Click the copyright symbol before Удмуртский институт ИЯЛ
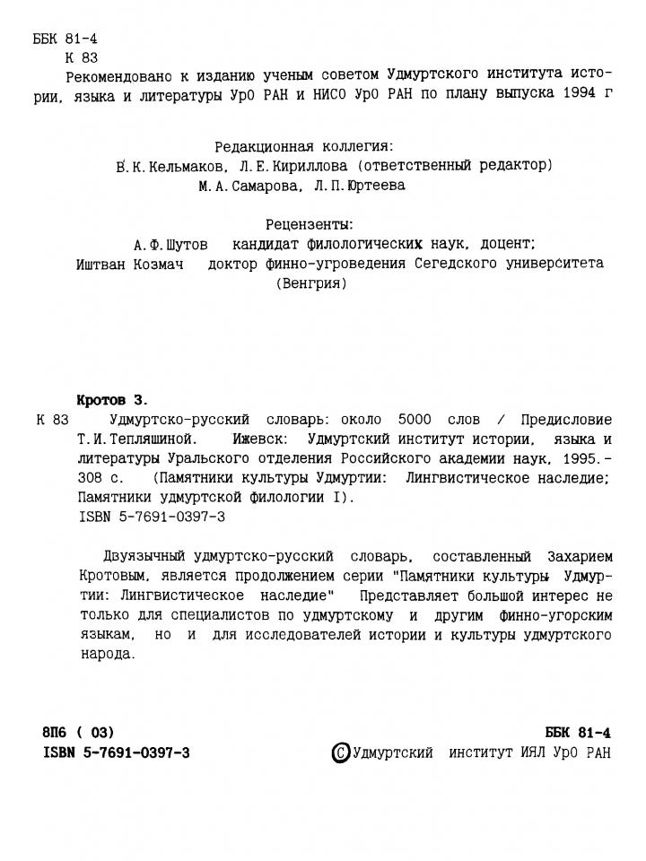(x=341, y=752)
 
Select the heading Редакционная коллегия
(x=304, y=146)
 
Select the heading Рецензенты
(x=310, y=224)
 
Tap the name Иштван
(x=106, y=264)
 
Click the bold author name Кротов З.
(x=111, y=399)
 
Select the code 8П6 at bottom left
(x=59, y=732)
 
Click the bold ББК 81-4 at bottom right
(x=578, y=732)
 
